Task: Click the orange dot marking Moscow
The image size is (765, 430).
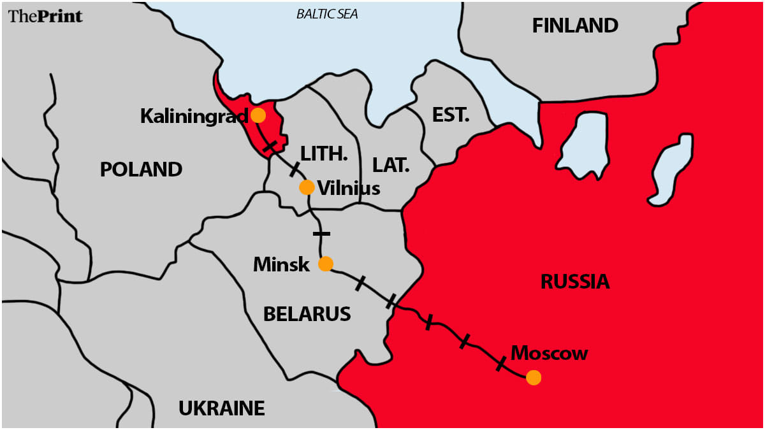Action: click(x=534, y=378)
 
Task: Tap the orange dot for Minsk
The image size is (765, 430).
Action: click(x=325, y=264)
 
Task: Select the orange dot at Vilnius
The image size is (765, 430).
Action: click(x=307, y=187)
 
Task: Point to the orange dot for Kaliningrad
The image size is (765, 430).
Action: click(x=258, y=115)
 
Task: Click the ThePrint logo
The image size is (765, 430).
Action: click(x=45, y=17)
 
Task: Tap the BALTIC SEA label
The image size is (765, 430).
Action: click(x=327, y=14)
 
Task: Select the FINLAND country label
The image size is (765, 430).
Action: click(x=575, y=25)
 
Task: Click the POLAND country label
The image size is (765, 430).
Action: click(x=141, y=169)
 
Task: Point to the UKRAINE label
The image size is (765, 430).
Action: click(x=221, y=408)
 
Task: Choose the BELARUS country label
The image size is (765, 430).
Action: click(x=307, y=313)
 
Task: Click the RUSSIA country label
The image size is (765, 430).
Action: click(x=574, y=282)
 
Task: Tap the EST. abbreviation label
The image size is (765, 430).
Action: click(x=450, y=115)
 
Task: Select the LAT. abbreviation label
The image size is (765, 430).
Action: click(x=390, y=166)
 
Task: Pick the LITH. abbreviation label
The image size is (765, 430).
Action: click(x=324, y=154)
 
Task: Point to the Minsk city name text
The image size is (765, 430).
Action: click(x=281, y=264)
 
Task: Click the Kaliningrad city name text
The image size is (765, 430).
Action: click(x=194, y=116)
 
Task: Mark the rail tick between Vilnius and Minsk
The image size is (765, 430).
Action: click(x=322, y=234)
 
